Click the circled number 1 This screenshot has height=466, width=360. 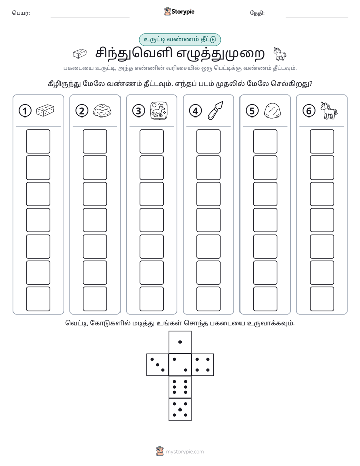[x=25, y=111]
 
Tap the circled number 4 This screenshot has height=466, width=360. [x=195, y=111]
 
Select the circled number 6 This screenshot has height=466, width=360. [x=309, y=111]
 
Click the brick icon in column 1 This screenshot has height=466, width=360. [x=45, y=110]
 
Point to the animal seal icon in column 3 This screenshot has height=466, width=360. [x=159, y=110]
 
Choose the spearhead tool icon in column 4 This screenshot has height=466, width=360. [x=216, y=110]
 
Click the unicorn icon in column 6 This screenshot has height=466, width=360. [x=329, y=110]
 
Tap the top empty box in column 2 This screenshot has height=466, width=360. [x=95, y=141]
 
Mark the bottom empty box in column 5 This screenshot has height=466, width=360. [x=265, y=299]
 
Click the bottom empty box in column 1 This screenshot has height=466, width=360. [x=38, y=299]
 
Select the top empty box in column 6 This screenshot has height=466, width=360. [x=322, y=141]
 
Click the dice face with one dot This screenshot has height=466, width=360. [x=180, y=342]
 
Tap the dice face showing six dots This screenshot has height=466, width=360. [x=180, y=387]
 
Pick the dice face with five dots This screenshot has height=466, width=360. [x=180, y=410]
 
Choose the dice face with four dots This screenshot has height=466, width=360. [x=203, y=364]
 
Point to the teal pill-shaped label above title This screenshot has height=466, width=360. [x=179, y=39]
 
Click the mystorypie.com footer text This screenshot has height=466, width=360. [x=185, y=452]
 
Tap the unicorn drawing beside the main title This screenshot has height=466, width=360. [x=280, y=53]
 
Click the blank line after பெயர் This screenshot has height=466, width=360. [x=90, y=17]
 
